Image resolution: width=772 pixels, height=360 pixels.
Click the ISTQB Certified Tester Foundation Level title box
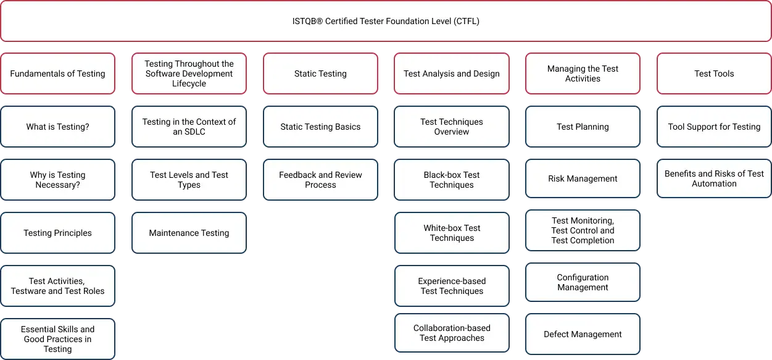pyautogui.click(x=386, y=21)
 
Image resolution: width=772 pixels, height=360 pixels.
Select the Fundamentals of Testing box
pyautogui.click(x=57, y=73)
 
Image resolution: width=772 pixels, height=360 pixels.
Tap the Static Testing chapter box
pyautogui.click(x=320, y=73)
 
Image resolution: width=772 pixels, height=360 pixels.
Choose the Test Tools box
pyautogui.click(x=714, y=73)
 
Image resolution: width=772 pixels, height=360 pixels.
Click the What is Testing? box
pyautogui.click(x=57, y=127)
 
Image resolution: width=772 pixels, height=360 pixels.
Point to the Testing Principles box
pyautogui.click(x=57, y=233)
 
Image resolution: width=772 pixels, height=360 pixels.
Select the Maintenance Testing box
pyautogui.click(x=189, y=233)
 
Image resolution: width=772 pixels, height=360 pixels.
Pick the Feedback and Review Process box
pyautogui.click(x=320, y=180)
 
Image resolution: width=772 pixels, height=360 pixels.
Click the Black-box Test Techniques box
pyautogui.click(x=452, y=180)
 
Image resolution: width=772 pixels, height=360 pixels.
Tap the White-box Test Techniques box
pyautogui.click(x=452, y=233)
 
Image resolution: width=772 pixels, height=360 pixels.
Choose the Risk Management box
pyautogui.click(x=583, y=178)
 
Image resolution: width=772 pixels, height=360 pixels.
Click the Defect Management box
pyautogui.click(x=583, y=334)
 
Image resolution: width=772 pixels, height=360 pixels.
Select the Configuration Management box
pyautogui.click(x=583, y=282)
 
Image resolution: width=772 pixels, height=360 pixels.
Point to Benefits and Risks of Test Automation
pyautogui.click(x=714, y=178)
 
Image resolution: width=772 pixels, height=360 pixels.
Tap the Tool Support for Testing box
pyautogui.click(x=714, y=127)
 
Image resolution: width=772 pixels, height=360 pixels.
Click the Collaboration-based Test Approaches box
pyautogui.click(x=452, y=333)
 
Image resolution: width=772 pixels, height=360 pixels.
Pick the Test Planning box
pyautogui.click(x=583, y=127)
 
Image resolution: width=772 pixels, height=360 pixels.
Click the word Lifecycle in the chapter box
pyautogui.click(x=189, y=83)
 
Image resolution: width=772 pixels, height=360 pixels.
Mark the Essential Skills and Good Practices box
pyautogui.click(x=57, y=339)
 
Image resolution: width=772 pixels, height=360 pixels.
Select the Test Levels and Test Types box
pyautogui.click(x=189, y=180)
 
